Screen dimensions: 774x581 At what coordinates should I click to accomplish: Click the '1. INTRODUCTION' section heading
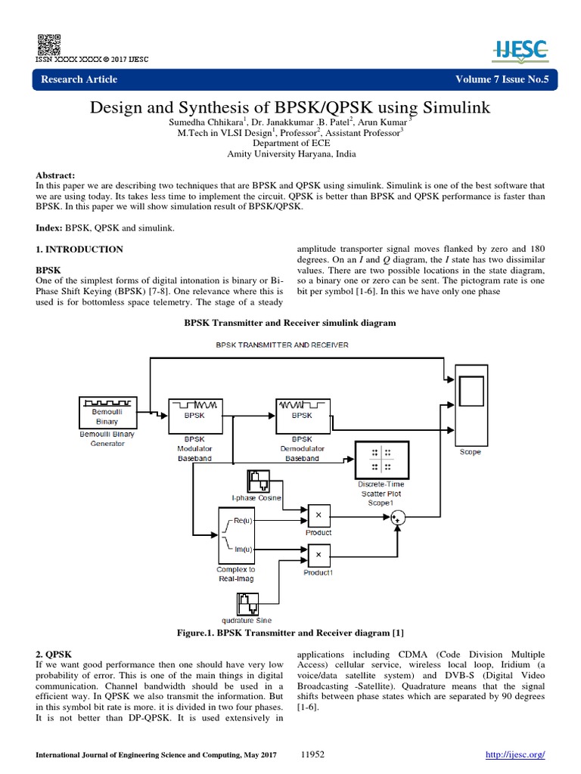pyautogui.click(x=79, y=249)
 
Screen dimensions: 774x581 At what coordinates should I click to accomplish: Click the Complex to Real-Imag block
pyautogui.click(x=236, y=534)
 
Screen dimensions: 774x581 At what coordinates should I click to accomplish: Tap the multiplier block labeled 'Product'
pyautogui.click(x=318, y=515)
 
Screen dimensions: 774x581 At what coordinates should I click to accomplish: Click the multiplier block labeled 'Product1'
pyautogui.click(x=318, y=556)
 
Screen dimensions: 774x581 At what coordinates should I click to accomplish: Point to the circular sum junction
pyautogui.click(x=399, y=518)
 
